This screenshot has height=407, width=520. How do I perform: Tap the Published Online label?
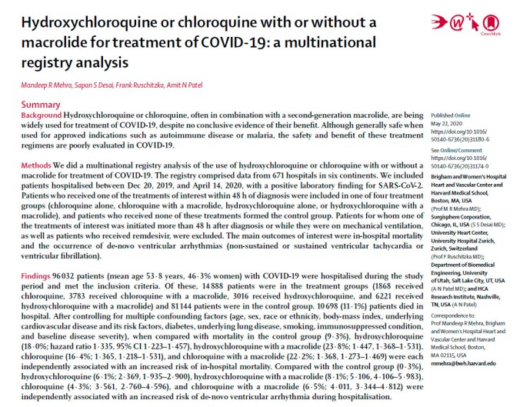[x=452, y=113]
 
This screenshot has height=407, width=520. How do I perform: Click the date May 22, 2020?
[x=448, y=121]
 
